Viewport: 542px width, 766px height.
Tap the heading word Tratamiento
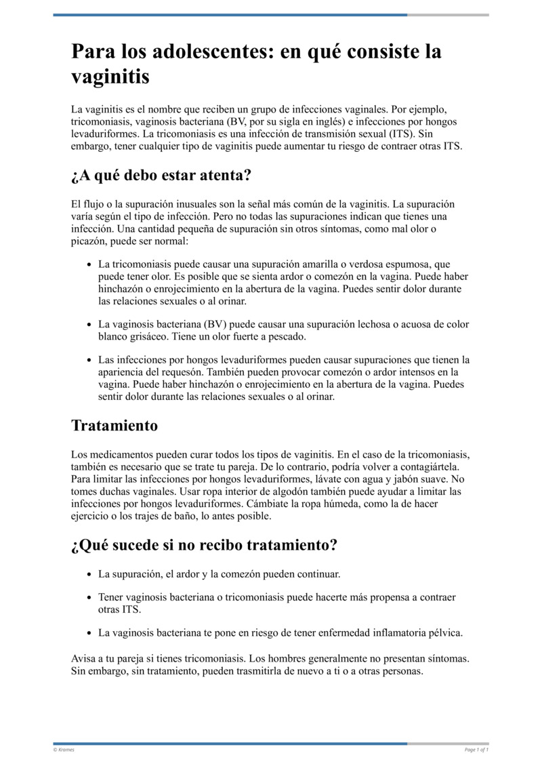[x=114, y=426]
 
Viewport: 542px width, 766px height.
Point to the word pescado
[x=287, y=337]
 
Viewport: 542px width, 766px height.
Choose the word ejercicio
[x=90, y=516]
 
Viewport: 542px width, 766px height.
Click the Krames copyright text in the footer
[x=64, y=750]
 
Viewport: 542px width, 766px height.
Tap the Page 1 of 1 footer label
[x=476, y=750]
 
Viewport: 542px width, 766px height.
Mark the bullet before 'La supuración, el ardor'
[x=89, y=575]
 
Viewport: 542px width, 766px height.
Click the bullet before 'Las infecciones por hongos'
[x=89, y=360]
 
